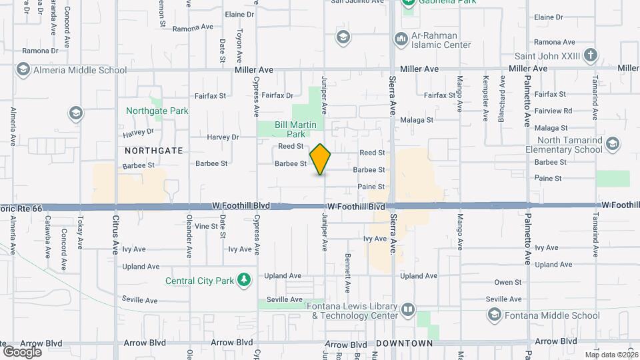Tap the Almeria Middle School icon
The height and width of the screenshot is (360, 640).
(x=23, y=69)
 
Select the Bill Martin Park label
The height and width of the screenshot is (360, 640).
(x=291, y=129)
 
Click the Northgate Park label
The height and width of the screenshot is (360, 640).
(x=157, y=111)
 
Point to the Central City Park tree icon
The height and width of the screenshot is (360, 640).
(x=245, y=280)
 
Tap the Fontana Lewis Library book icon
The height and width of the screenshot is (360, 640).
(x=407, y=310)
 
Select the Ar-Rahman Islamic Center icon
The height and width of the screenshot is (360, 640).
(x=401, y=40)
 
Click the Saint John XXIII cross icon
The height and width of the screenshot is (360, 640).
(x=590, y=55)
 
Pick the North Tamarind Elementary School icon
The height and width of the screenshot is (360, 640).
(x=613, y=144)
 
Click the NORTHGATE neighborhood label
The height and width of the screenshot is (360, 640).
(x=153, y=151)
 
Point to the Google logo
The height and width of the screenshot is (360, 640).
(x=22, y=351)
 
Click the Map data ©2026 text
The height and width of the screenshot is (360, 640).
(x=611, y=355)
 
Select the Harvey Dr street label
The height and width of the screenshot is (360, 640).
(x=223, y=137)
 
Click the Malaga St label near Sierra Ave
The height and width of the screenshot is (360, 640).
(x=418, y=120)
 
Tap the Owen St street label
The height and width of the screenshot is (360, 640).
(x=507, y=283)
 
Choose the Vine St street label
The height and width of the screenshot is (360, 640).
(x=205, y=226)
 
